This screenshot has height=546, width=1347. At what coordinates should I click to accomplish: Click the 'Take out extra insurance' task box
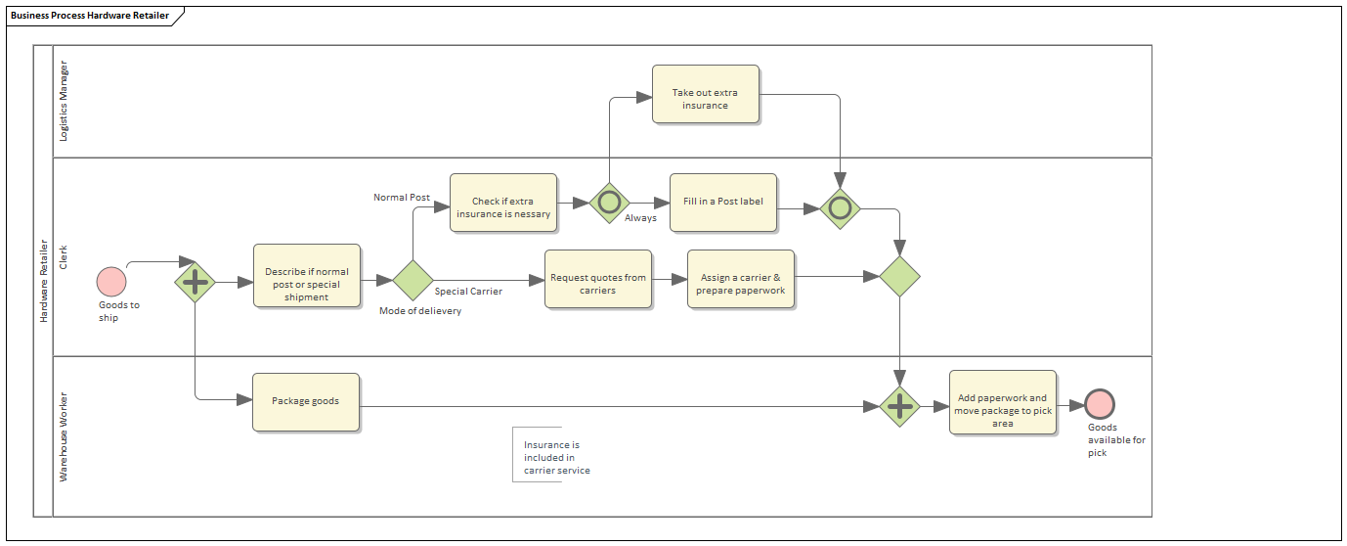[x=706, y=94]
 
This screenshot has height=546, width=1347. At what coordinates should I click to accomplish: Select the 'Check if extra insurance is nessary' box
[x=503, y=203]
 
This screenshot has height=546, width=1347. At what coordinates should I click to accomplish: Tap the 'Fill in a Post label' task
[x=723, y=203]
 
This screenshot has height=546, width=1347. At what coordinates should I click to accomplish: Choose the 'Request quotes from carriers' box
[x=598, y=279]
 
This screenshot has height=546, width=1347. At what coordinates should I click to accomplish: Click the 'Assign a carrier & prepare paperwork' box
[x=741, y=279]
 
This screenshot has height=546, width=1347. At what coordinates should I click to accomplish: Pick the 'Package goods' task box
[x=306, y=401]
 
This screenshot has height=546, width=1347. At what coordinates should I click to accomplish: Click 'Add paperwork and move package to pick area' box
[x=1002, y=403]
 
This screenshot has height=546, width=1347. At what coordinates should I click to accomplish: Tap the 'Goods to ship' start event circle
[x=111, y=282]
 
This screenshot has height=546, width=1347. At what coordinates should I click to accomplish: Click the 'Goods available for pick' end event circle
[x=1100, y=404]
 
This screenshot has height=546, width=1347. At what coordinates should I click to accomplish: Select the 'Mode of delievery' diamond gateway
[x=413, y=280]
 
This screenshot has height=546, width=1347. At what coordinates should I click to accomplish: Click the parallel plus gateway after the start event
[x=196, y=282]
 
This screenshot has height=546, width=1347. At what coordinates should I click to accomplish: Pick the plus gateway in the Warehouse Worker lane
[x=899, y=406]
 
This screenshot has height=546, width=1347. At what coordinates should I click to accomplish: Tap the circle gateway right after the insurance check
[x=610, y=203]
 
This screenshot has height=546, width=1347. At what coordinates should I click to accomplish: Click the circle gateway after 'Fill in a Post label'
[x=840, y=208]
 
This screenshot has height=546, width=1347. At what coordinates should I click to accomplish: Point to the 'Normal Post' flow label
[x=402, y=198]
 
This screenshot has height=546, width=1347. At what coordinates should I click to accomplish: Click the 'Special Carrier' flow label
[x=468, y=292]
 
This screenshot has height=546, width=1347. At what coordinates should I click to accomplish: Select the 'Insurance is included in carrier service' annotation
[x=555, y=457]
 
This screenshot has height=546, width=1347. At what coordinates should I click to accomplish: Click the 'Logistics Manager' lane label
[x=65, y=101]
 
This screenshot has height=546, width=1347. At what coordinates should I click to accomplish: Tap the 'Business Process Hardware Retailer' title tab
[x=90, y=16]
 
